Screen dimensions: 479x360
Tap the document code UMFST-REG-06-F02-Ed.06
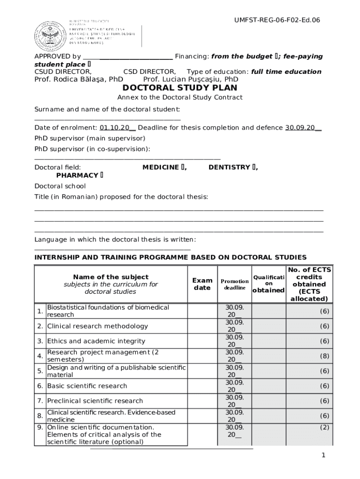tap(277, 20)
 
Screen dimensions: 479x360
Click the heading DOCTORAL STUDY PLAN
tap(180, 88)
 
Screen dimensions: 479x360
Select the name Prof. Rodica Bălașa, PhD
tap(79, 80)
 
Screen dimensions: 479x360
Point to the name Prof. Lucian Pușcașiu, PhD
tap(191, 80)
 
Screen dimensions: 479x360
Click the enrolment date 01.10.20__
tap(117, 128)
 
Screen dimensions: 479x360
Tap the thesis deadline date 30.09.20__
tap(303, 128)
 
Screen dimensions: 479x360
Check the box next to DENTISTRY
tap(254, 167)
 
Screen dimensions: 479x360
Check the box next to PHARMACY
tap(101, 176)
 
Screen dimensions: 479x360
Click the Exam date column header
tap(202, 284)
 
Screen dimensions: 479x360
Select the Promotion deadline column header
tap(235, 284)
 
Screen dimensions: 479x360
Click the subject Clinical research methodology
tap(97, 326)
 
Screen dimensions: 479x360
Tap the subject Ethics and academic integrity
tap(96, 341)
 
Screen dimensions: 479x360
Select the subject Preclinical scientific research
tap(95, 401)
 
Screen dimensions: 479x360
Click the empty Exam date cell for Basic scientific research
tap(202, 386)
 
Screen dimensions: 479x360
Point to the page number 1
tap(323, 456)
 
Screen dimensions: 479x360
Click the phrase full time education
tap(286, 72)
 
